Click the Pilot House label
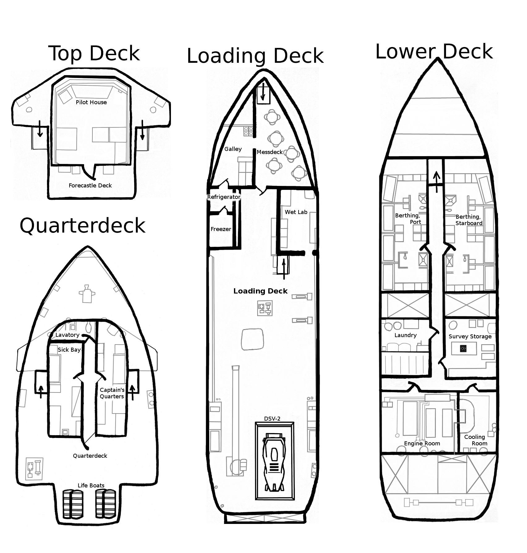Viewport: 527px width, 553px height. coord(91,102)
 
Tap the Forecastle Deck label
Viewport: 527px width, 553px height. coord(90,186)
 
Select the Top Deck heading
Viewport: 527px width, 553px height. coord(94,54)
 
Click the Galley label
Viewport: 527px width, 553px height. coord(233,149)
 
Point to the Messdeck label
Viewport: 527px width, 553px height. coord(270,152)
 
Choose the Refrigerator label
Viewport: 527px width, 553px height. coord(223,197)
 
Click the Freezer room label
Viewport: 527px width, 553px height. coord(221,229)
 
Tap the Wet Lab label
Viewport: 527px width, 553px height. coord(296,212)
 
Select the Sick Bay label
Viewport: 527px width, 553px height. coord(69,350)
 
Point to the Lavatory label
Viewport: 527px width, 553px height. coord(67,335)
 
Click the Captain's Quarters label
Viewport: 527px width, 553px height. coord(112,393)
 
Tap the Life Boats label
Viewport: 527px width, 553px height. coord(91,486)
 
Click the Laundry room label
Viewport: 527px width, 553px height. coord(406,335)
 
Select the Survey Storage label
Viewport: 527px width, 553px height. coord(470,337)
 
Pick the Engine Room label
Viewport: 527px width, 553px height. coord(422,444)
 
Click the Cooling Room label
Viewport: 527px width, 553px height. coord(475,440)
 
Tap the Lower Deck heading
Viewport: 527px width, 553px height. coord(434,52)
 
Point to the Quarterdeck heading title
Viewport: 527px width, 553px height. coord(82,226)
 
